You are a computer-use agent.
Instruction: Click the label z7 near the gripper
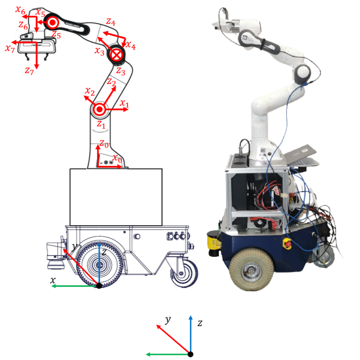(29, 71)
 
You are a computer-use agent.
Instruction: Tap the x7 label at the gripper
(10, 49)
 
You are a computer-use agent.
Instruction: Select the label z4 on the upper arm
(111, 22)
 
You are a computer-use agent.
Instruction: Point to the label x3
(100, 51)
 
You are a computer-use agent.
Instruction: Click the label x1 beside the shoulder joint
(124, 103)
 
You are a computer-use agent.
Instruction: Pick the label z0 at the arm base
(104, 144)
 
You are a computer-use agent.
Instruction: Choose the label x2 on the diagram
(90, 92)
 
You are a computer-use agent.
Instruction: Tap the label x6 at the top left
(20, 10)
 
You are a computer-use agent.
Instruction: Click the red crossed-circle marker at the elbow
(117, 55)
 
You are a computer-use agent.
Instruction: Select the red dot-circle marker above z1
(99, 109)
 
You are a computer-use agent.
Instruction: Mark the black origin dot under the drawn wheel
(99, 286)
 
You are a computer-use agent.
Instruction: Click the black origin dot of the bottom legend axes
(190, 354)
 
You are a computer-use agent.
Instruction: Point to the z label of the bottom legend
(200, 323)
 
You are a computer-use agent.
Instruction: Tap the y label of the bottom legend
(168, 320)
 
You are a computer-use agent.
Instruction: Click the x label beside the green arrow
(53, 280)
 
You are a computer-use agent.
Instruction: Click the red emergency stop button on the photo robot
(287, 243)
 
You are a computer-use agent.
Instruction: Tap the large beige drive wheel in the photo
(251, 269)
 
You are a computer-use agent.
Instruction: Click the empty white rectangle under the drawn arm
(116, 197)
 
